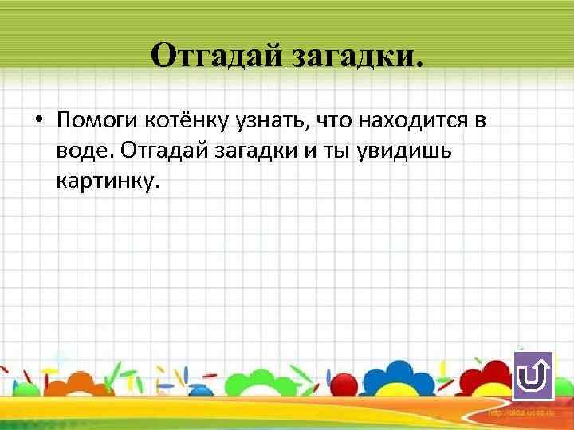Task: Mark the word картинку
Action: [108, 182]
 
